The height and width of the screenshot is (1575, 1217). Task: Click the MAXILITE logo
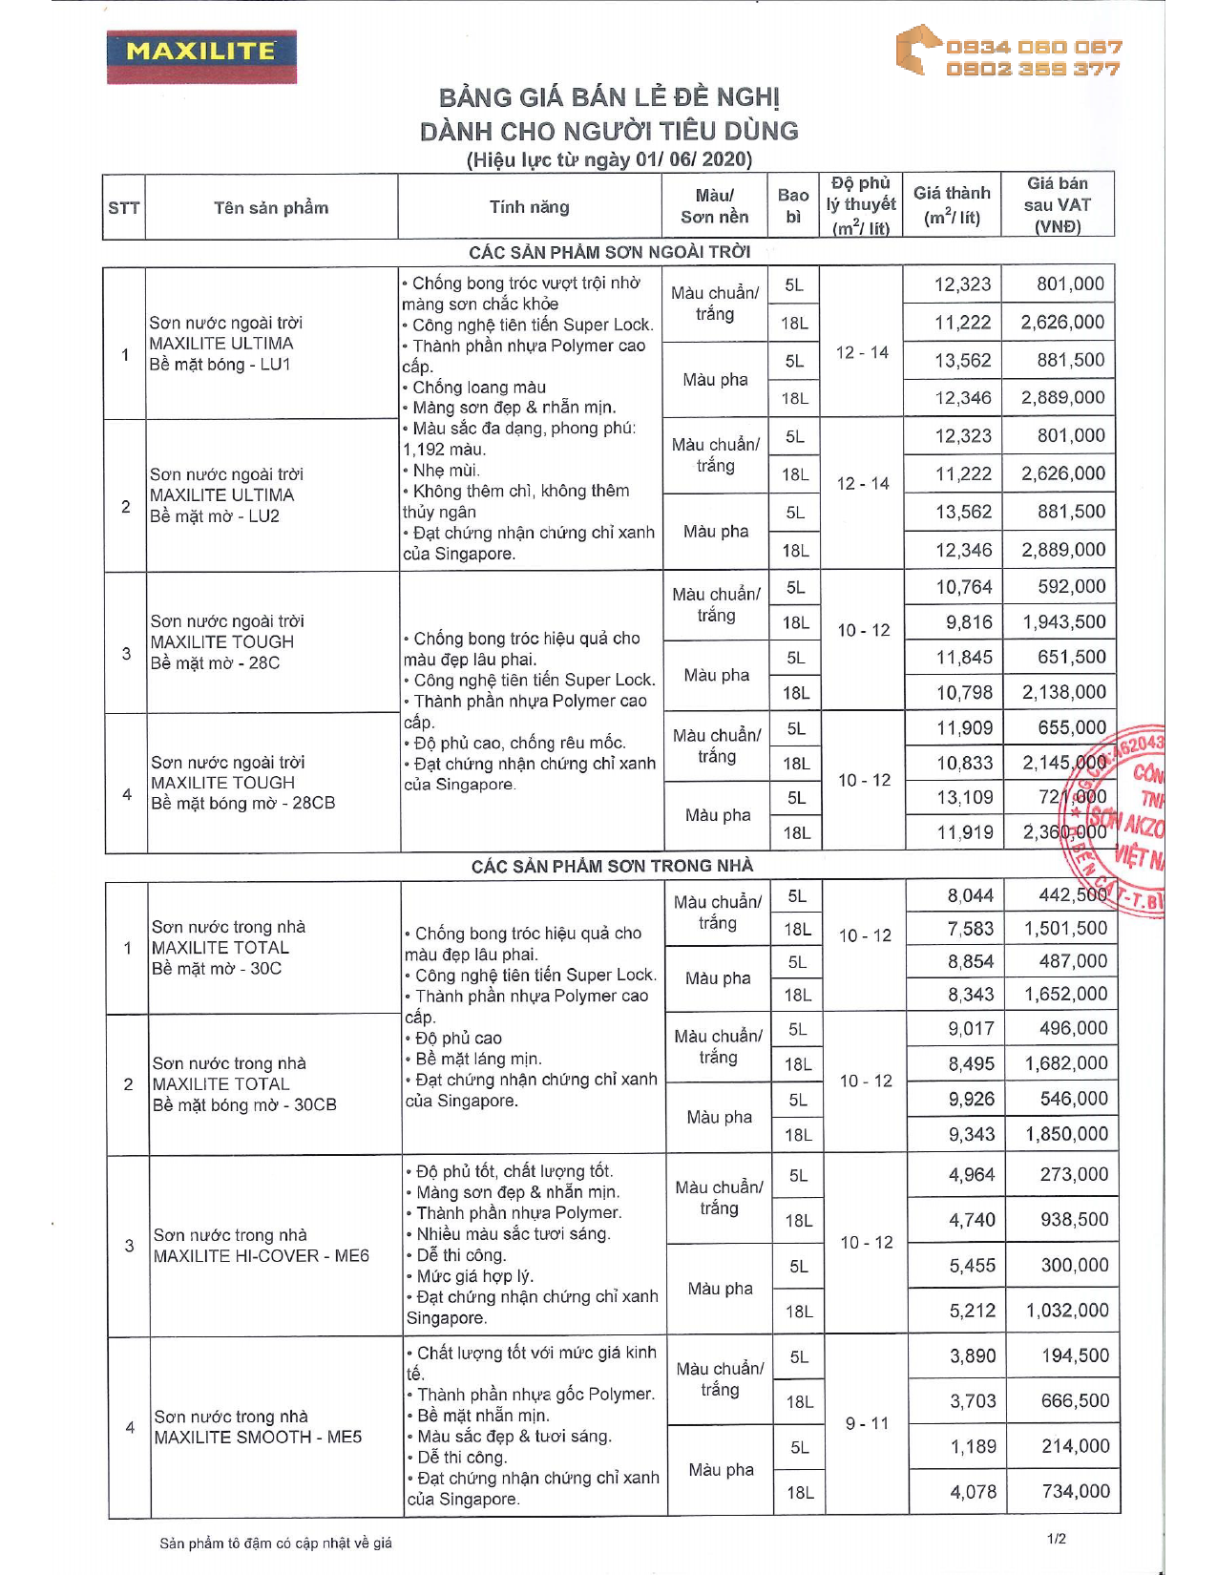click(x=201, y=55)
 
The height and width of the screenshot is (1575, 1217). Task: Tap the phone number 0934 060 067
click(x=1033, y=47)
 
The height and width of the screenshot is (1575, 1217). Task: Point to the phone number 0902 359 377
click(x=1033, y=69)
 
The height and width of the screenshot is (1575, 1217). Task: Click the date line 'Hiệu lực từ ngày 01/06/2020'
click(x=609, y=159)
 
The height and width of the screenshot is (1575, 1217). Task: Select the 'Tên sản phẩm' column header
click(x=271, y=207)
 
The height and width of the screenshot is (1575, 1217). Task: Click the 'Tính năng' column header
click(x=529, y=207)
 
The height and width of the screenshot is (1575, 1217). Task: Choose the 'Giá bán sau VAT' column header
click(x=1058, y=204)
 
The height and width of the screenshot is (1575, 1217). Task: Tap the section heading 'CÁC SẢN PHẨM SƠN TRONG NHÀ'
click(x=612, y=866)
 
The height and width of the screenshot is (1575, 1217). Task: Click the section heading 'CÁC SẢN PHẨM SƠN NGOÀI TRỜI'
click(x=609, y=252)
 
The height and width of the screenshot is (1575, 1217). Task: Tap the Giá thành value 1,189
click(x=973, y=1446)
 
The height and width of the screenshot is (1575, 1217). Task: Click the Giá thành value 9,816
click(x=969, y=622)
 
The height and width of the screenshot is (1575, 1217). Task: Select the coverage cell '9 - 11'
click(x=867, y=1423)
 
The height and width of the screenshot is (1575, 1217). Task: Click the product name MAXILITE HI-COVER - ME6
click(x=261, y=1256)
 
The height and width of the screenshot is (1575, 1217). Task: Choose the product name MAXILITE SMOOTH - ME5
click(x=258, y=1438)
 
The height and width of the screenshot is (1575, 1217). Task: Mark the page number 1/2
click(x=1057, y=1539)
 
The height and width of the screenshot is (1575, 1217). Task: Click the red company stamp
click(x=1122, y=821)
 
